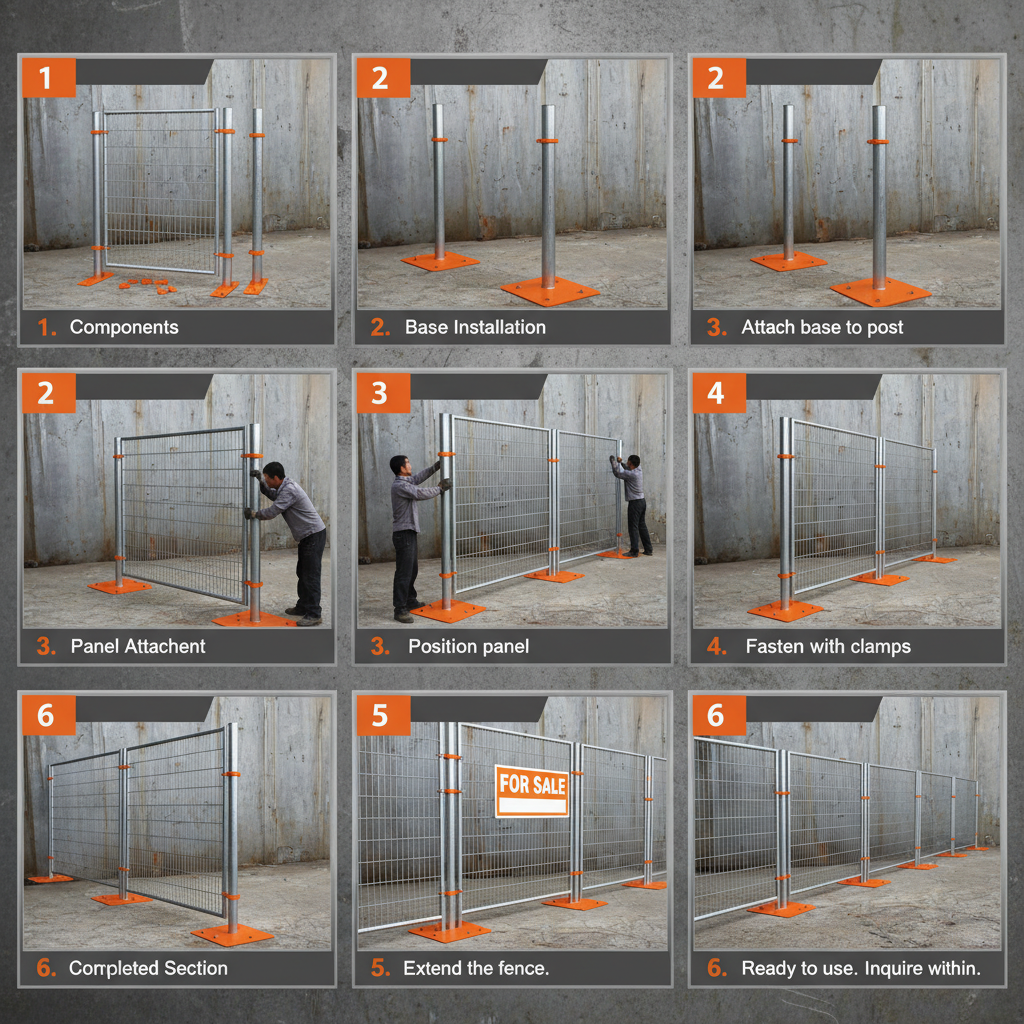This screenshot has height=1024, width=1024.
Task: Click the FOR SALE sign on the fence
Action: (532, 791)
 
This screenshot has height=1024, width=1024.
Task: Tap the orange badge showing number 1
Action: (45, 78)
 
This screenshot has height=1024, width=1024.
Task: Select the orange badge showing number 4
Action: (716, 393)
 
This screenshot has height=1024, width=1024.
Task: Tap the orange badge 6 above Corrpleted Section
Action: (45, 715)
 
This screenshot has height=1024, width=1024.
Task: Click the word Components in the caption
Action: (124, 327)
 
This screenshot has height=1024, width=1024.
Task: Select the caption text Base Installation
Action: (475, 327)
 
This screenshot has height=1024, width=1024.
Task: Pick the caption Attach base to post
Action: (822, 327)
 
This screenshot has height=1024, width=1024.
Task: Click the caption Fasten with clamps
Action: (828, 647)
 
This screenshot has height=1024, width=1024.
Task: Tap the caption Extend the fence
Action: (476, 968)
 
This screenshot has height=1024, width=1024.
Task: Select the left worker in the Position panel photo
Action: (406, 535)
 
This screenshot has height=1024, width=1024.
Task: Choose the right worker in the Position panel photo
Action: (634, 505)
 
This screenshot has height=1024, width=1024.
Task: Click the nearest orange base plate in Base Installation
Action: (549, 291)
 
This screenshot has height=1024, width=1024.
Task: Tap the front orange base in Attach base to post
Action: (880, 292)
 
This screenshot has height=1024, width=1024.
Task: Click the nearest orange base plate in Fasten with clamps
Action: (785, 610)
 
